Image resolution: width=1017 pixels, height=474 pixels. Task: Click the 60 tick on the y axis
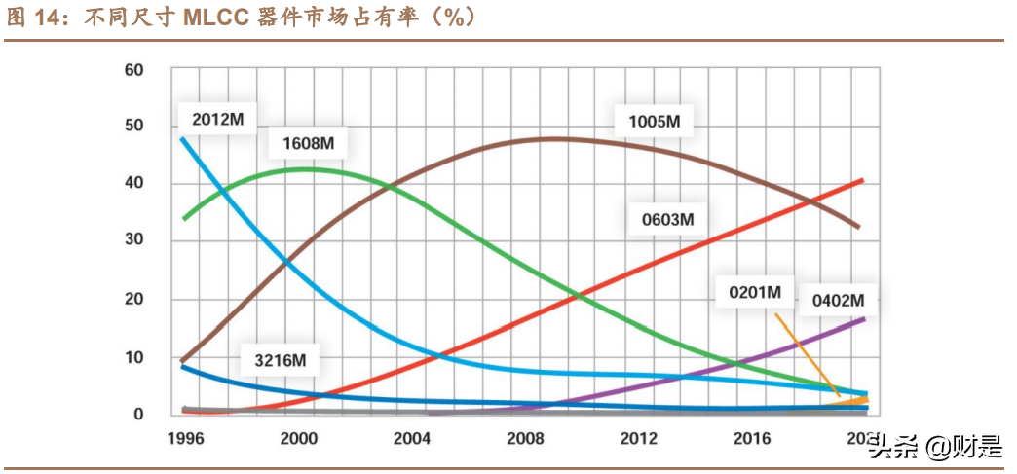tap(133, 70)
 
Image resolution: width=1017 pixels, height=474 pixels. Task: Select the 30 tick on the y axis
tap(133, 240)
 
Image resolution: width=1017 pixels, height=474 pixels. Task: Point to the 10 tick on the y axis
tap(133, 357)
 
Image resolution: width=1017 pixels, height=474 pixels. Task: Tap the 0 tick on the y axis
tap(138, 414)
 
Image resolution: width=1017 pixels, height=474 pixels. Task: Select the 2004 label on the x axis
tap(412, 438)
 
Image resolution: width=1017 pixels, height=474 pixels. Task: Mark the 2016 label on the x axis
tap(750, 438)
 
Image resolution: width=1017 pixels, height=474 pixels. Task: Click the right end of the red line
tap(861, 180)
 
